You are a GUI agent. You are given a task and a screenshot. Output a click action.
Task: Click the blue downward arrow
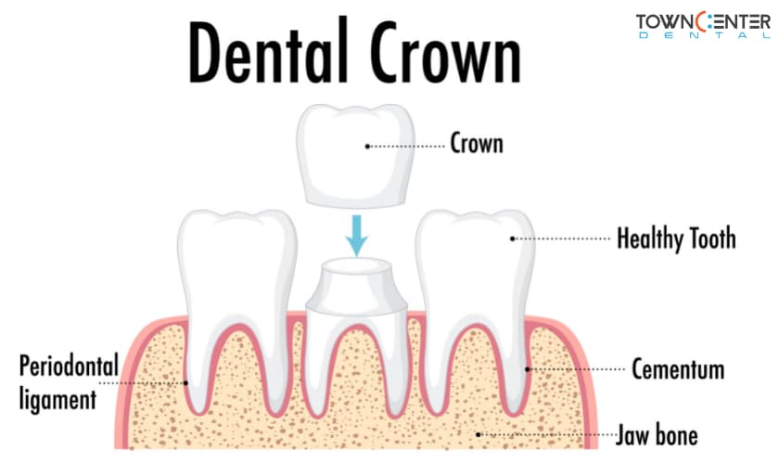point(356,236)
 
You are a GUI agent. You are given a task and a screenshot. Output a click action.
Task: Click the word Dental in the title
point(268,50)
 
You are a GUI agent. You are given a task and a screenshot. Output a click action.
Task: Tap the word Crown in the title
point(445,52)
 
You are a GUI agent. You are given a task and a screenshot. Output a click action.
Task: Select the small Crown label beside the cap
point(477,143)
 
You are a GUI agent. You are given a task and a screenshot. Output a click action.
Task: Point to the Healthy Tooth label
point(676,238)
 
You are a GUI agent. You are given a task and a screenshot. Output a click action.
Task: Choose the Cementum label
point(678,369)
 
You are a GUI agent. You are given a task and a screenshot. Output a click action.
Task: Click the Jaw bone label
point(657,434)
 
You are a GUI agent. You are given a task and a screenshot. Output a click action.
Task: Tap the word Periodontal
point(69,366)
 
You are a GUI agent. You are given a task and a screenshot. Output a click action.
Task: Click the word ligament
point(57,400)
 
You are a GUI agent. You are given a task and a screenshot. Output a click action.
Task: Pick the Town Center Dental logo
point(703,26)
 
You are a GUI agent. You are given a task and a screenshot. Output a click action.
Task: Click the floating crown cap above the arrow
point(356,156)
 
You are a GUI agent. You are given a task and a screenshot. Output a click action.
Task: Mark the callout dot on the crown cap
point(367,147)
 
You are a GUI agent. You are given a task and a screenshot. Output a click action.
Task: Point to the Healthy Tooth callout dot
point(512,238)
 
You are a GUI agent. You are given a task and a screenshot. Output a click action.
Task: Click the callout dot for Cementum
point(528,369)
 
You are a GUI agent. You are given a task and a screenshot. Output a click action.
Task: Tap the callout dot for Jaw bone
point(479,434)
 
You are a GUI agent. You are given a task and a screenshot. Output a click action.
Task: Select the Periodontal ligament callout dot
point(185,383)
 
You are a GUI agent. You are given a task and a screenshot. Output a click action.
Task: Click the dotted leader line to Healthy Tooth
point(562,238)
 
